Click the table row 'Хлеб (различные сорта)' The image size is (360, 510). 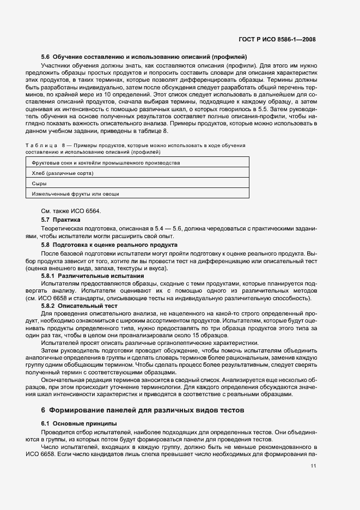[63, 173]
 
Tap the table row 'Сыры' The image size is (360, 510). [39, 183]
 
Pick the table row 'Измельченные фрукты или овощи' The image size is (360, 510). [76, 193]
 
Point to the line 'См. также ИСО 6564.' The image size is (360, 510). [71, 211]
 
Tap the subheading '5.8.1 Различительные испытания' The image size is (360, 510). [86, 276]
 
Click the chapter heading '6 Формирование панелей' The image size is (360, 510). [143, 409]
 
